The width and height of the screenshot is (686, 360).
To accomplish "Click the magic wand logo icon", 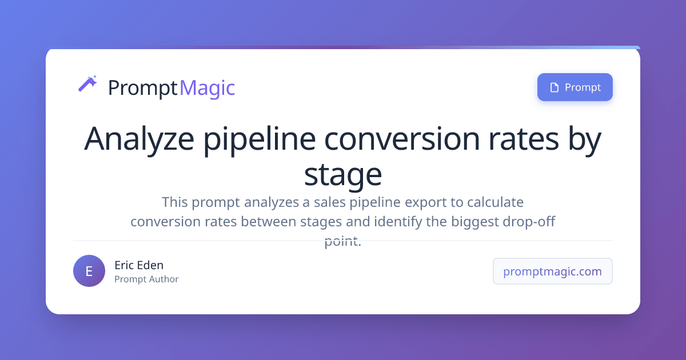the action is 87,83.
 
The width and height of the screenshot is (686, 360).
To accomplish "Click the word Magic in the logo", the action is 207,89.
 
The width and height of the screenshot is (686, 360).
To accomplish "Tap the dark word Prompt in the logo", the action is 143,89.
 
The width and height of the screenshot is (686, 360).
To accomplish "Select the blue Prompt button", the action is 575,87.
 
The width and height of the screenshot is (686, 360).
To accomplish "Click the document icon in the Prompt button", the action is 555,87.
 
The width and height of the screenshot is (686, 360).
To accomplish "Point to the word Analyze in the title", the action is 139,139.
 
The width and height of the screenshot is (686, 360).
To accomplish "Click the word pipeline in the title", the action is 260,139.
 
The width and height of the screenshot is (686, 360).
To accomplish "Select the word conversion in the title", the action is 402,139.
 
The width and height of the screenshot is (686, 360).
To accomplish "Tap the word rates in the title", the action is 524,140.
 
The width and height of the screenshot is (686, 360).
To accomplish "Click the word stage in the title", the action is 343,175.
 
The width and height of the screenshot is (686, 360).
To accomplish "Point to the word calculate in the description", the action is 495,202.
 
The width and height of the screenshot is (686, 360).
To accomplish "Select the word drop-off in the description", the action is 529,222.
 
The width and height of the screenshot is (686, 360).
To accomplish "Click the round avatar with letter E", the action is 89,271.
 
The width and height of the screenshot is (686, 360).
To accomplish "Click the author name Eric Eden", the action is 139,265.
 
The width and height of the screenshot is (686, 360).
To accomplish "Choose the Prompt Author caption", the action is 146,279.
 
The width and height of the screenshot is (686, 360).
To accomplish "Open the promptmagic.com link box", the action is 552,271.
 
